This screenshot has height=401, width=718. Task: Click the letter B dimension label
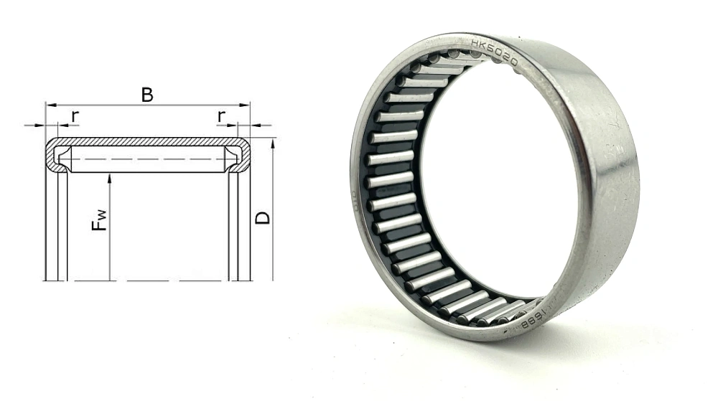147,95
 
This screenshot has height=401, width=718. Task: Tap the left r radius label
75,116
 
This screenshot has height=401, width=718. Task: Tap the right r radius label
222,116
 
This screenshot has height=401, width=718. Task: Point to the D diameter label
264,215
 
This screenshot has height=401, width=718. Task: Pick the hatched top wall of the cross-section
147,141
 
